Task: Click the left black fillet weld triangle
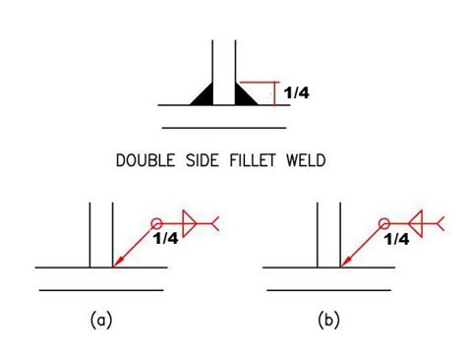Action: [x=204, y=94]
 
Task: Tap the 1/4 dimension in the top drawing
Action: [x=296, y=93]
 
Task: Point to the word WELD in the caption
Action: [x=308, y=158]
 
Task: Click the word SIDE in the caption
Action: [x=202, y=158]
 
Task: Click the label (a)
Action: [x=99, y=320]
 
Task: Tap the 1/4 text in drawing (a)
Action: [x=165, y=238]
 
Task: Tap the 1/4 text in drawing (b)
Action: [x=396, y=238]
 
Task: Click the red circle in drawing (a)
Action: [x=155, y=223]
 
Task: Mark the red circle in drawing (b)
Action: [x=384, y=223]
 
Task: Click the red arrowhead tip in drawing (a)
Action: [x=114, y=266]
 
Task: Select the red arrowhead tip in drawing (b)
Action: [x=341, y=266]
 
